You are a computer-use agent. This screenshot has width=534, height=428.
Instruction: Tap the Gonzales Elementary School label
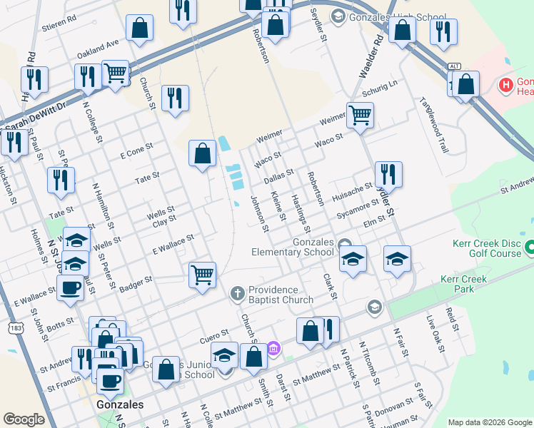[293, 247]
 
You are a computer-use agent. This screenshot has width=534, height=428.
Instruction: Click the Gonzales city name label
[119, 404]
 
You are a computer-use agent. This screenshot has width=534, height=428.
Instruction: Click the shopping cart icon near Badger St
[203, 274]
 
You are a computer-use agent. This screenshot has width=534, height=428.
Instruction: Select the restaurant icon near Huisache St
[388, 174]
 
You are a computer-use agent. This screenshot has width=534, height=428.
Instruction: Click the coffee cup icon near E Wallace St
[71, 288]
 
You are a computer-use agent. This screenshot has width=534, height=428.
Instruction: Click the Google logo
[24, 419]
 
